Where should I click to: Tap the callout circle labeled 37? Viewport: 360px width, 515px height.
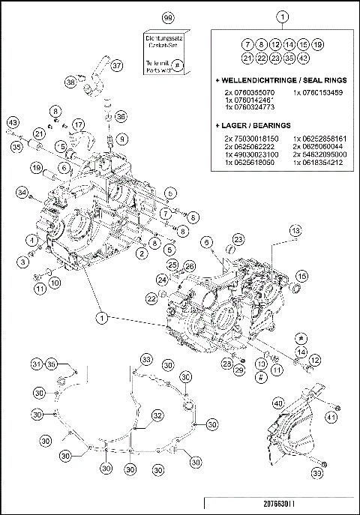tap(116, 65)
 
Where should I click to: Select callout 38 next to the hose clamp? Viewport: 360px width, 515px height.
tap(70, 81)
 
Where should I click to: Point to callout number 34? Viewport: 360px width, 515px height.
tap(22, 195)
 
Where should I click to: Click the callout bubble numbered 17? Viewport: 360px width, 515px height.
tap(79, 124)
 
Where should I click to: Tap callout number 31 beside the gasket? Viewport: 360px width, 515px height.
tap(35, 364)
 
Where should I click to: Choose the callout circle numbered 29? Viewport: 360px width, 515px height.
tap(239, 371)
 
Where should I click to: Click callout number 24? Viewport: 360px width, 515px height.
tap(163, 280)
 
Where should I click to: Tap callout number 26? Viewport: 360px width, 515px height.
tap(190, 265)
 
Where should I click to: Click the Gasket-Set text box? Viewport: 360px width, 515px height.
tap(168, 50)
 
